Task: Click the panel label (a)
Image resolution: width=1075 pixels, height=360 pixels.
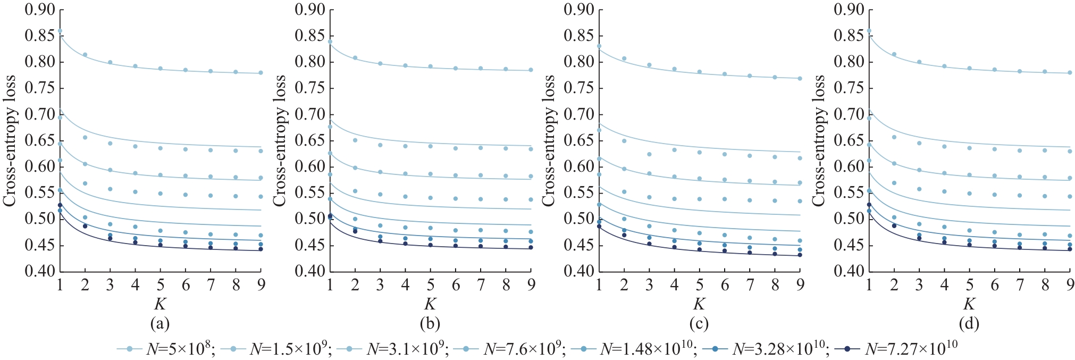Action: point(160,323)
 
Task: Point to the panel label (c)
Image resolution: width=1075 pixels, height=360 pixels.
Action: point(699,323)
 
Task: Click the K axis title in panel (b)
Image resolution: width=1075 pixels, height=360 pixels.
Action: point(430,304)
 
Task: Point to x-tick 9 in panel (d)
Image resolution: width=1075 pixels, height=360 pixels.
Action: point(1070,286)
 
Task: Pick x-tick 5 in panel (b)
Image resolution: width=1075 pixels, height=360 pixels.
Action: point(431,286)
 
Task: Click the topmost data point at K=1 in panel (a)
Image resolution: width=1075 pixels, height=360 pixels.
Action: point(60,31)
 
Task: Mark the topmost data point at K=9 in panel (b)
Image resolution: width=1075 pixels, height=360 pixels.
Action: point(531,70)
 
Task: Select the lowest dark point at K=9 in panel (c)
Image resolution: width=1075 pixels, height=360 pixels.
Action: point(800,255)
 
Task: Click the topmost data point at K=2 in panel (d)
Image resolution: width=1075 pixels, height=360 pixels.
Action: point(894,54)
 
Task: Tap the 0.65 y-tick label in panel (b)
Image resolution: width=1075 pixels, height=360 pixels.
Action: point(309,140)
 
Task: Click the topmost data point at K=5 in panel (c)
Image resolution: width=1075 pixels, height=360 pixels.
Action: point(700,72)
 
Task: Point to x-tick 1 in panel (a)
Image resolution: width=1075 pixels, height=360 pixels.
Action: point(60,286)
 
